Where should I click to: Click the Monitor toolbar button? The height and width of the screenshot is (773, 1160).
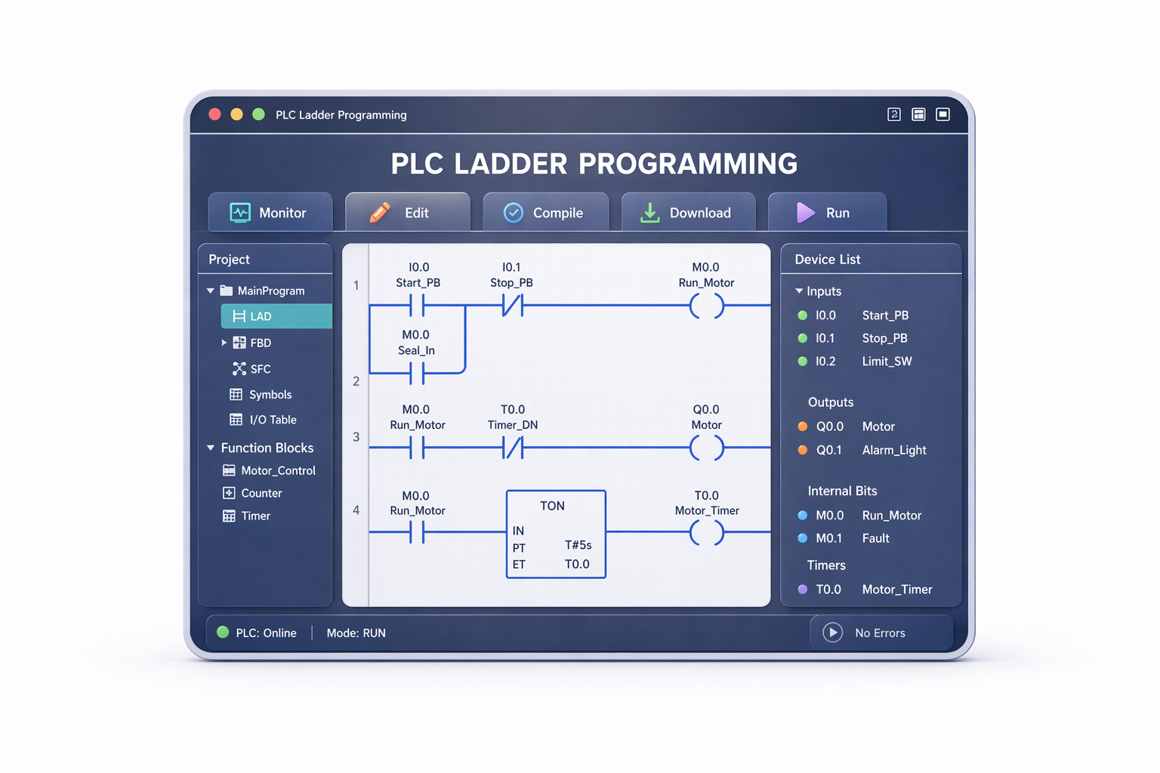tap(270, 212)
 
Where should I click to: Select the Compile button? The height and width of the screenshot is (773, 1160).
tap(546, 212)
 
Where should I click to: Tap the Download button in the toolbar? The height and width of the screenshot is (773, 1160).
tap(688, 212)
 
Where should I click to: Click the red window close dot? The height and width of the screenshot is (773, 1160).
tap(214, 115)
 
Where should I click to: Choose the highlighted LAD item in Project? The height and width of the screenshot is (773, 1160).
tap(276, 316)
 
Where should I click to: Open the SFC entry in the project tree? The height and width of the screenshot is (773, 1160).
tap(251, 368)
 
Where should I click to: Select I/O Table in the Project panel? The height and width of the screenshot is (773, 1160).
tap(263, 420)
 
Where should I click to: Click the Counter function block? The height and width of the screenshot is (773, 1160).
tap(252, 493)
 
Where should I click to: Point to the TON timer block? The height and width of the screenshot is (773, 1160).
tap(556, 534)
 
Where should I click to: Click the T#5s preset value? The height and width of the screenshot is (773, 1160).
tap(578, 545)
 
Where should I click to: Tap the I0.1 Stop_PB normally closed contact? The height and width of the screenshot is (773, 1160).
tap(513, 306)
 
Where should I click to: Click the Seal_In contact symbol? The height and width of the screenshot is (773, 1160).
tap(417, 373)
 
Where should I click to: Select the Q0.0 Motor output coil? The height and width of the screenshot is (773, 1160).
tap(706, 448)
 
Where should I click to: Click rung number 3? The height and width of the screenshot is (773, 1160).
tap(356, 436)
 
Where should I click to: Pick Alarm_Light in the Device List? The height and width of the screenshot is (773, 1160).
tap(894, 450)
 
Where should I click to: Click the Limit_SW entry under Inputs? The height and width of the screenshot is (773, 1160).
tap(887, 361)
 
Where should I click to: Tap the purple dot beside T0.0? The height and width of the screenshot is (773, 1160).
tap(803, 590)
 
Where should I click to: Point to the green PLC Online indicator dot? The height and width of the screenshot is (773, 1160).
tap(223, 632)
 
